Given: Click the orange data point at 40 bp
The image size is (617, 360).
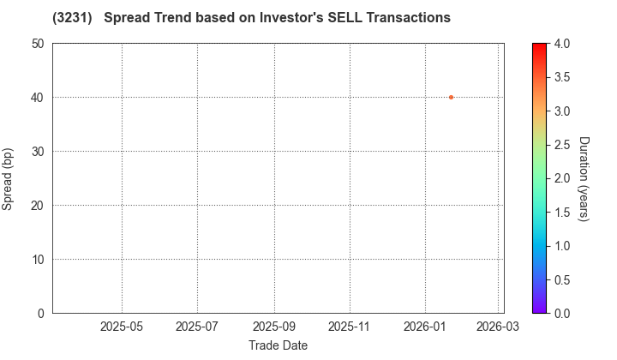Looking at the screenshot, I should point(451,97).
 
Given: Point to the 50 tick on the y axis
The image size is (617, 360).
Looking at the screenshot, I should point(39,44).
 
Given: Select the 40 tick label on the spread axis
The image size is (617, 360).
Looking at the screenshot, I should point(39,98).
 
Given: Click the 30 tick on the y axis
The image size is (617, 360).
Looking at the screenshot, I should point(39,152).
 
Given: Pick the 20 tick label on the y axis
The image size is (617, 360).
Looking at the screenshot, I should point(39,206).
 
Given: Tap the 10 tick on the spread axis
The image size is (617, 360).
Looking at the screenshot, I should point(39,260).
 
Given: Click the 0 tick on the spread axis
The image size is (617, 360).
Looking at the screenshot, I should point(42,314).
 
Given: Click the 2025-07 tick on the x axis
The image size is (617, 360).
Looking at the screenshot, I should point(197,327).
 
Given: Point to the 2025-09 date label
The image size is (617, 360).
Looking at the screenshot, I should point(274,327).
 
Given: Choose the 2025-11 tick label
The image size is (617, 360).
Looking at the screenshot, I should point(350,327).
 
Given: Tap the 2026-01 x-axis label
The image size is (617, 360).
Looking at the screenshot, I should point(425,327).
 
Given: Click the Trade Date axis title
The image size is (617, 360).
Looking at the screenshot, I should point(278,345).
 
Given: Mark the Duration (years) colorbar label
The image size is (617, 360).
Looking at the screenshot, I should point(584,178).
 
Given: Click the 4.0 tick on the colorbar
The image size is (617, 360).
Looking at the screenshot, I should point(561,44).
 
